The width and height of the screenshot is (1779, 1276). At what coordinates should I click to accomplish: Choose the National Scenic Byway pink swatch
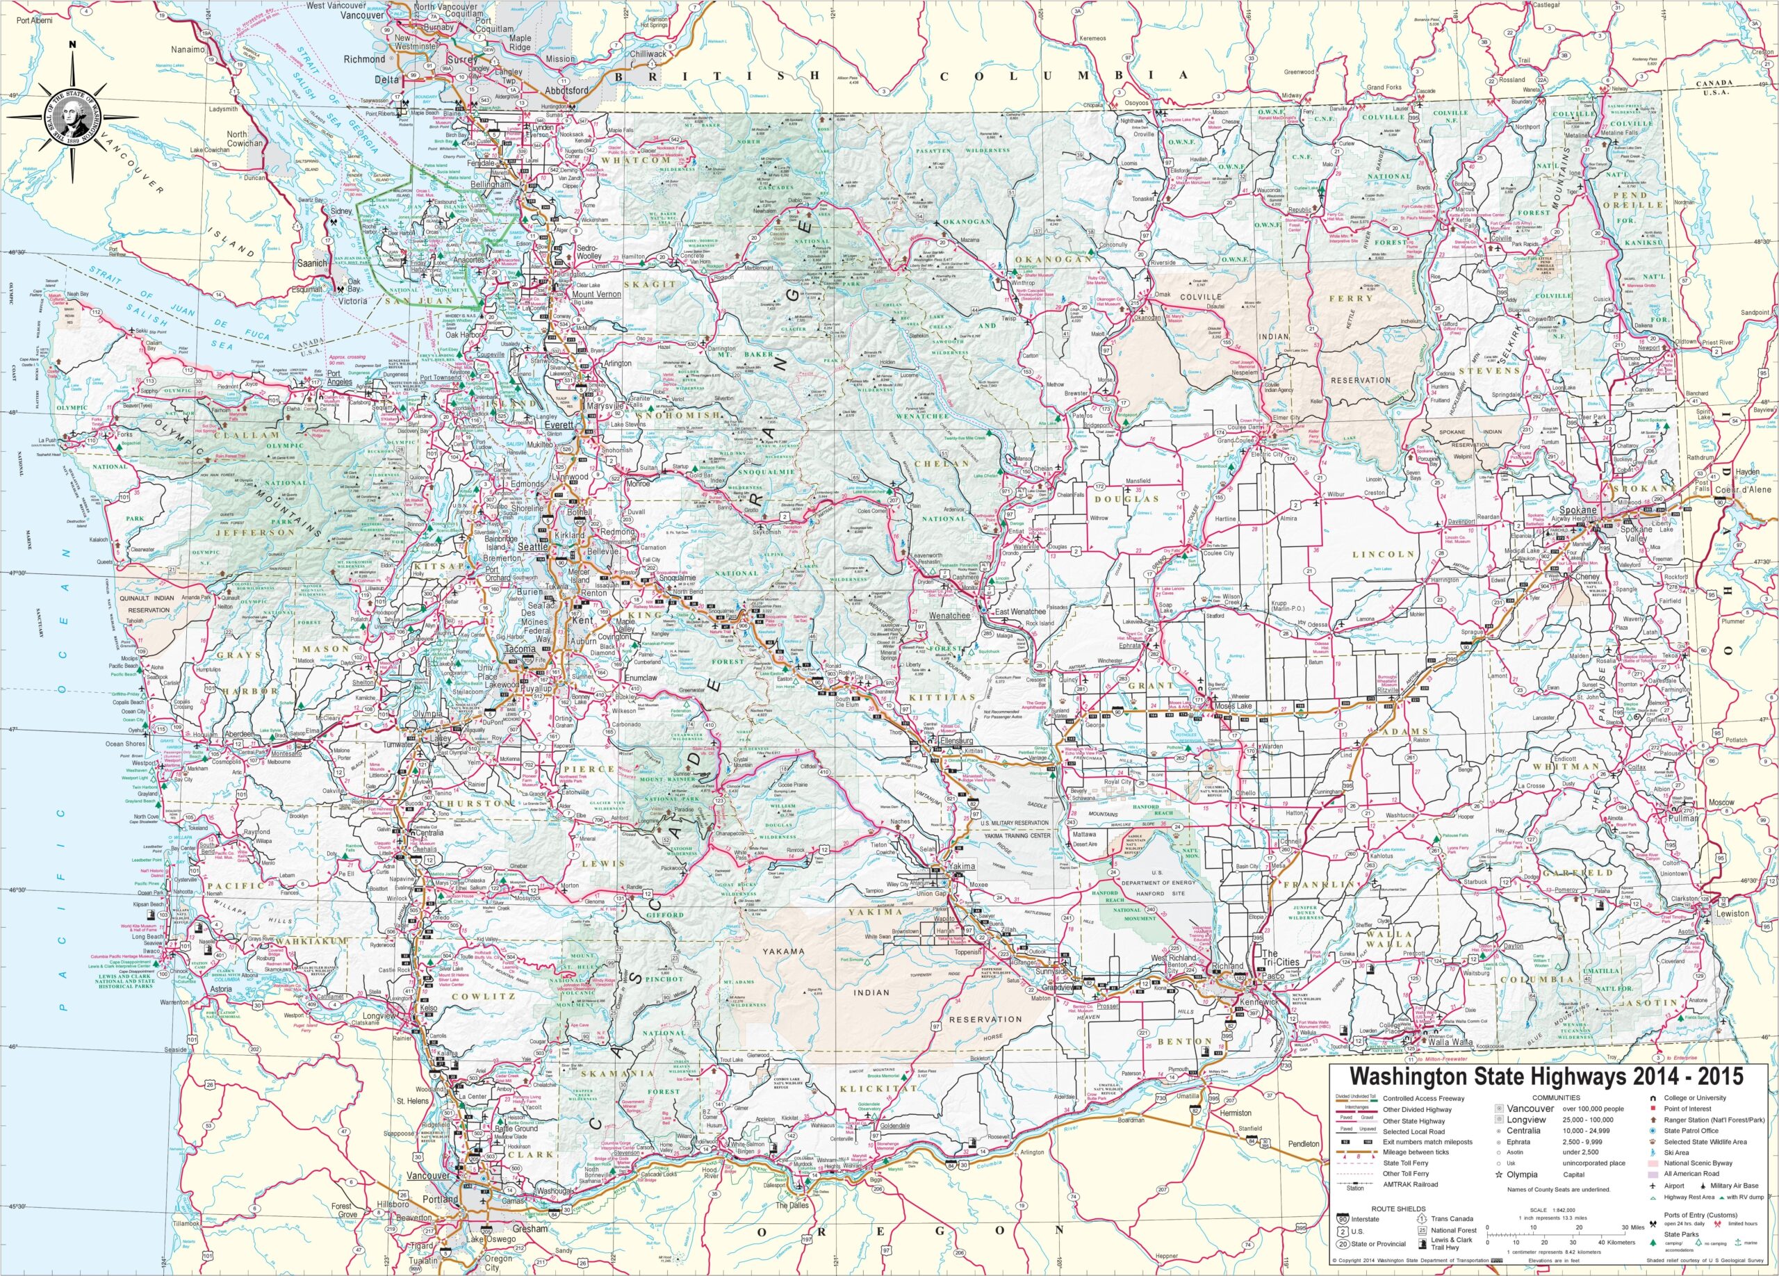(x=1653, y=1163)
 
